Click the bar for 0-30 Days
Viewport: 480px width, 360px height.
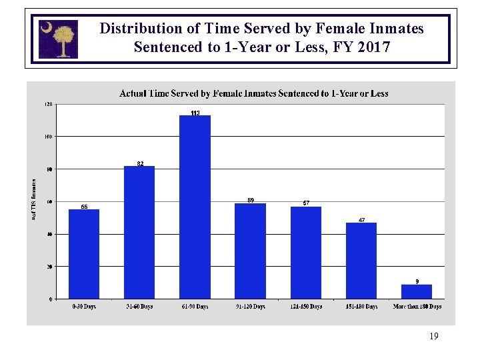84,254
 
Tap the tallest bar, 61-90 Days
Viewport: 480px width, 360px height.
195,207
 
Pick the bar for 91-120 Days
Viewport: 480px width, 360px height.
250,251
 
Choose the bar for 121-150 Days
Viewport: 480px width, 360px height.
306,253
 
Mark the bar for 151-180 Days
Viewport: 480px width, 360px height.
361,261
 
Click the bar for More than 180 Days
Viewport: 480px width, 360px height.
417,291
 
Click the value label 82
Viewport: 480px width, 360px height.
140,163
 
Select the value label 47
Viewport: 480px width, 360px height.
361,220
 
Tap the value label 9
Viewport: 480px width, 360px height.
417,281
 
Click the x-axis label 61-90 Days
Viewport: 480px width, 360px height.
195,307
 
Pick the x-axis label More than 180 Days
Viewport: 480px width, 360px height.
417,307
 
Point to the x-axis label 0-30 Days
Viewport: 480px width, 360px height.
84,307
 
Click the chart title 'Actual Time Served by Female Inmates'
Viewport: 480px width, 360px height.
253,94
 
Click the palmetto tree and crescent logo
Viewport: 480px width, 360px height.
58,39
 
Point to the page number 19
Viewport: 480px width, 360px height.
434,337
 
